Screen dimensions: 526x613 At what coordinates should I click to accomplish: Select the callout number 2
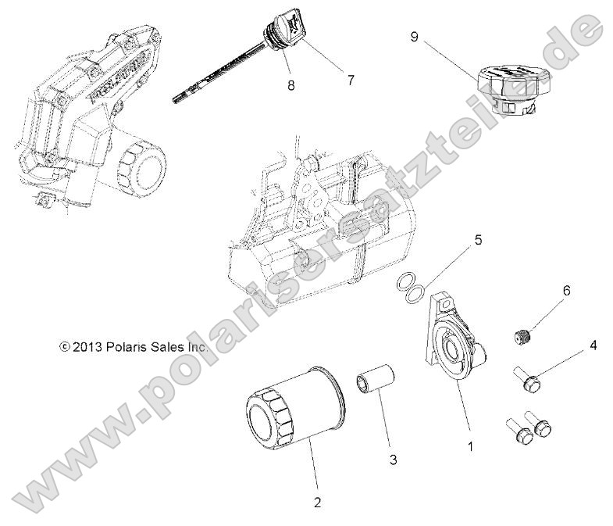tap(317, 502)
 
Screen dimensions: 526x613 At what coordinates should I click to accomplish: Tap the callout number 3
tap(393, 460)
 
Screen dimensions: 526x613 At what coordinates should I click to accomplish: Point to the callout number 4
tap(593, 345)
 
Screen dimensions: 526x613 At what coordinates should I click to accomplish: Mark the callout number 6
tap(566, 291)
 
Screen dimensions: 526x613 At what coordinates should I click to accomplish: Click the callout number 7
tap(351, 80)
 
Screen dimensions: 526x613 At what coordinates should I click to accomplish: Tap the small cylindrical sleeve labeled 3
tap(373, 378)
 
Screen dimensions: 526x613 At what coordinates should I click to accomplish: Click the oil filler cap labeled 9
tap(511, 88)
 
